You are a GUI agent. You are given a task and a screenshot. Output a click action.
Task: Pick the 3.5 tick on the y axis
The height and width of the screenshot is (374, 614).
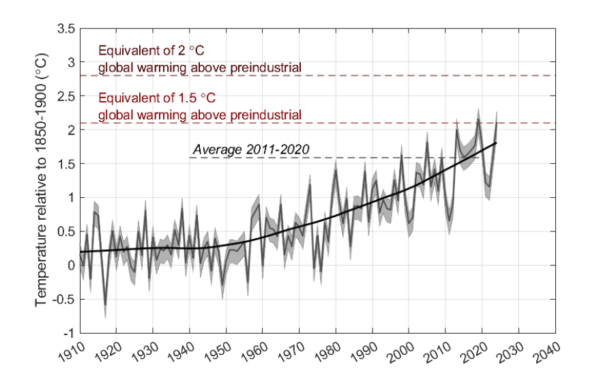[x=63, y=29]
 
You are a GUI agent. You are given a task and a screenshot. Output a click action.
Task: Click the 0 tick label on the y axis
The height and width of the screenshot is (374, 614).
[x=70, y=265]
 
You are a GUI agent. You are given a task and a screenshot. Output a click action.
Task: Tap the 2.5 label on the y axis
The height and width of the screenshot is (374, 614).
[x=63, y=97]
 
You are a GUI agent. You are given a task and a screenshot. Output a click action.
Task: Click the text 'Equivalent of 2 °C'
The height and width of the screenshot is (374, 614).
[x=151, y=51]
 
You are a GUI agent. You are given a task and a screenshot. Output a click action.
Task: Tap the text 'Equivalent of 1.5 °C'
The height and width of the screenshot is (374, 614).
[x=156, y=98]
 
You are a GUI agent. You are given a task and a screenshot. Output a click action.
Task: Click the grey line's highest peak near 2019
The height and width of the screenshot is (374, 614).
[x=478, y=119]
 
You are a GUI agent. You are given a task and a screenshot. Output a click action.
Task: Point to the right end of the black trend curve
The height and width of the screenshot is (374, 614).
[x=496, y=143]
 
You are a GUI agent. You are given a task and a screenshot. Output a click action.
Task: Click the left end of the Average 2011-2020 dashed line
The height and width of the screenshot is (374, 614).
[x=190, y=158]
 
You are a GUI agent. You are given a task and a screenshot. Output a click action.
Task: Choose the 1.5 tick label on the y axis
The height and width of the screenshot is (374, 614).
[x=63, y=164]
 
